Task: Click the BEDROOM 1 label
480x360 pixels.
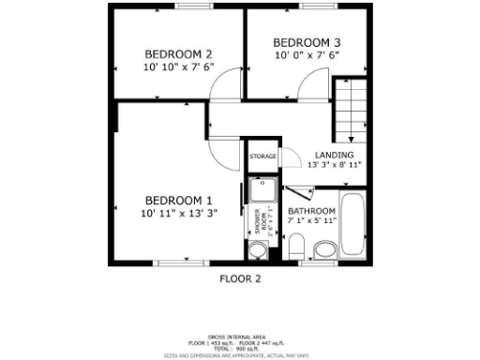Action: [x=178, y=200]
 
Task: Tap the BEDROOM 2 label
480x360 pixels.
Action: [x=178, y=53]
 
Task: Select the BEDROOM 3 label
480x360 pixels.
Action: [x=307, y=42]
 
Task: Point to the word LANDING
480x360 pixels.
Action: [x=334, y=154]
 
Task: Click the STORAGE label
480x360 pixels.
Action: [x=262, y=155]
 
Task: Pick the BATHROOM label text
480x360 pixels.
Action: [x=311, y=211]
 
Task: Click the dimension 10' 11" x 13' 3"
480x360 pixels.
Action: [x=178, y=213]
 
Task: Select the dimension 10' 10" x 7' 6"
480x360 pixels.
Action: [x=178, y=67]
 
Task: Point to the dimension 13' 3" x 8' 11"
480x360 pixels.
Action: [x=335, y=165]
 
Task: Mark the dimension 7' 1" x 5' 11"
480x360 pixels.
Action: [x=311, y=221]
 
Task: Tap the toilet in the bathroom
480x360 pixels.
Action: [x=296, y=247]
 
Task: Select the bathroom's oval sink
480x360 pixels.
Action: [x=324, y=248]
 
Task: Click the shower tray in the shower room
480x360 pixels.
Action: [x=259, y=188]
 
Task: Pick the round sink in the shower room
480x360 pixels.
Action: [x=259, y=248]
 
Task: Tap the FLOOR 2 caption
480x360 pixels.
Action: [x=240, y=278]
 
